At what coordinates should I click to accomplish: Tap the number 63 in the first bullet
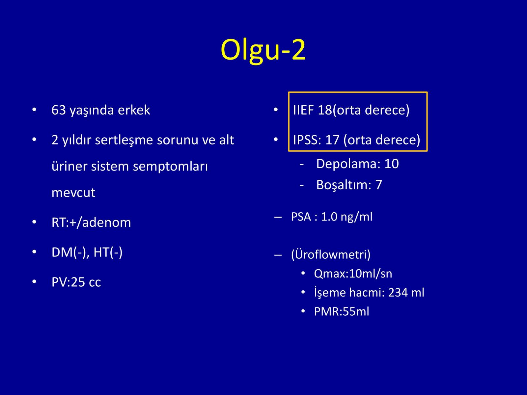59,110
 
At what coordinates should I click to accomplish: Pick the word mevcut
73,193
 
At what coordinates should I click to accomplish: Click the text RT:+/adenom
91,222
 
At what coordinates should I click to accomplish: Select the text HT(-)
108,252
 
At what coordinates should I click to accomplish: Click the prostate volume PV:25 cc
76,282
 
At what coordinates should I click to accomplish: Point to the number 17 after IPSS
332,140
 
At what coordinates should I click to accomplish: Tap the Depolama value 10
392,164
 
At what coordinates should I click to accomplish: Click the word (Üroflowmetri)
331,254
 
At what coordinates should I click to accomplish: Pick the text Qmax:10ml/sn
353,274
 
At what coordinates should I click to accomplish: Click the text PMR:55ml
342,311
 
